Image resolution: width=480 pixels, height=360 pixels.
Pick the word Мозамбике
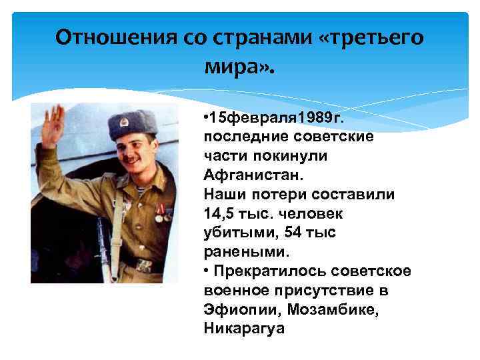pos(323,310)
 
